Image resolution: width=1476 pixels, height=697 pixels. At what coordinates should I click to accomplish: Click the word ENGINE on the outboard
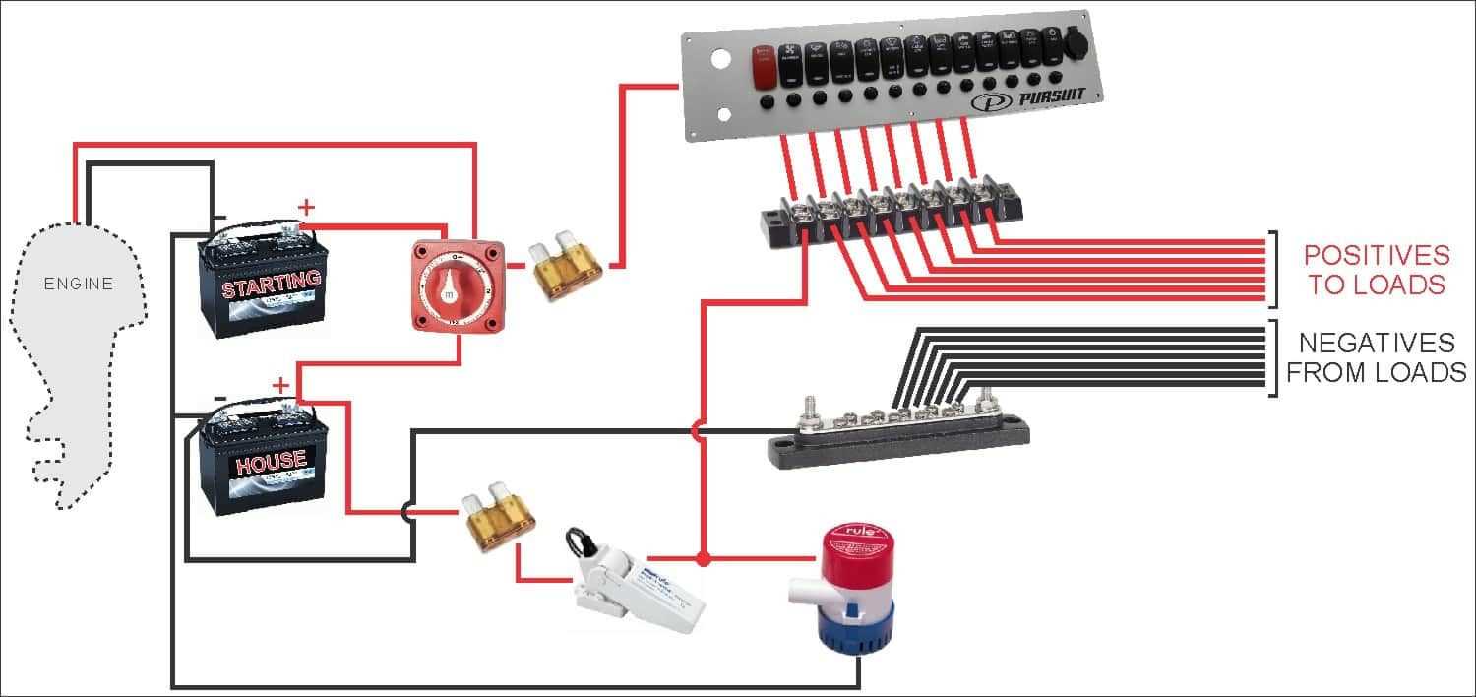(x=79, y=285)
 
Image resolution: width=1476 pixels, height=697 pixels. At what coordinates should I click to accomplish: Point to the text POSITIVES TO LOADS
(x=1376, y=270)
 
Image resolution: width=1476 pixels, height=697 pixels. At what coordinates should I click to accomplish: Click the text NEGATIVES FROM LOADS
(x=1376, y=357)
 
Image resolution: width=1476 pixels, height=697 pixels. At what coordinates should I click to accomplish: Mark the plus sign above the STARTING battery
(x=307, y=207)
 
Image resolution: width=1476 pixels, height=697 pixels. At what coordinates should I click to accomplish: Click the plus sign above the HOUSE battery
(x=281, y=385)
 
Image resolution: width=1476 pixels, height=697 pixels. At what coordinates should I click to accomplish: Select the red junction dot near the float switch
(x=703, y=559)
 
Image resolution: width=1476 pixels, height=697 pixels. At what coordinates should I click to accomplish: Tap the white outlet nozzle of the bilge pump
(x=802, y=590)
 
